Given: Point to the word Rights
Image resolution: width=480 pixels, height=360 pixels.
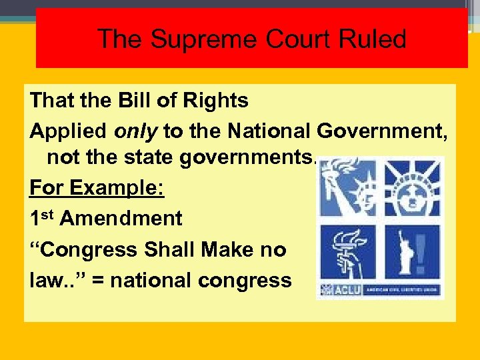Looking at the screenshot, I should pyautogui.click(x=213, y=101).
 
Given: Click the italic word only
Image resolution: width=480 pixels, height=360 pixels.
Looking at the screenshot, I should pyautogui.click(x=136, y=131).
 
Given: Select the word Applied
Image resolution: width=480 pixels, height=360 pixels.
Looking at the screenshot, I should pyautogui.click(x=69, y=131).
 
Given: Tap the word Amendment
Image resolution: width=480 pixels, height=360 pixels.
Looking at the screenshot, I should pyautogui.click(x=121, y=219).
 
